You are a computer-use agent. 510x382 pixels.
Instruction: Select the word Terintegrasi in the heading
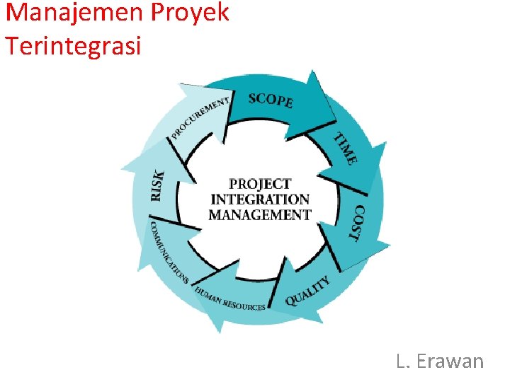point(73,46)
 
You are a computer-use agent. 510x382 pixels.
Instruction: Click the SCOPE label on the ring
point(271,100)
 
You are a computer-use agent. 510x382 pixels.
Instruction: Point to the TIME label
point(346,149)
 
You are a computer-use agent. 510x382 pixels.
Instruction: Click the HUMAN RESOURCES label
point(230,300)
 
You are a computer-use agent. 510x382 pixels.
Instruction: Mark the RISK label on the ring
point(159,185)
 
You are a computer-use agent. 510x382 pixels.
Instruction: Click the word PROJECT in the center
point(260,184)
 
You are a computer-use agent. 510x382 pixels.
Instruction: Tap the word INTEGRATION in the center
point(260,199)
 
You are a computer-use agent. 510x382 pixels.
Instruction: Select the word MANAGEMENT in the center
point(260,215)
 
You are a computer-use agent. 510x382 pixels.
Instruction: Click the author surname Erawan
point(450,361)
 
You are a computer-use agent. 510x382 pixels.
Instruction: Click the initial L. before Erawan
point(403,361)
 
